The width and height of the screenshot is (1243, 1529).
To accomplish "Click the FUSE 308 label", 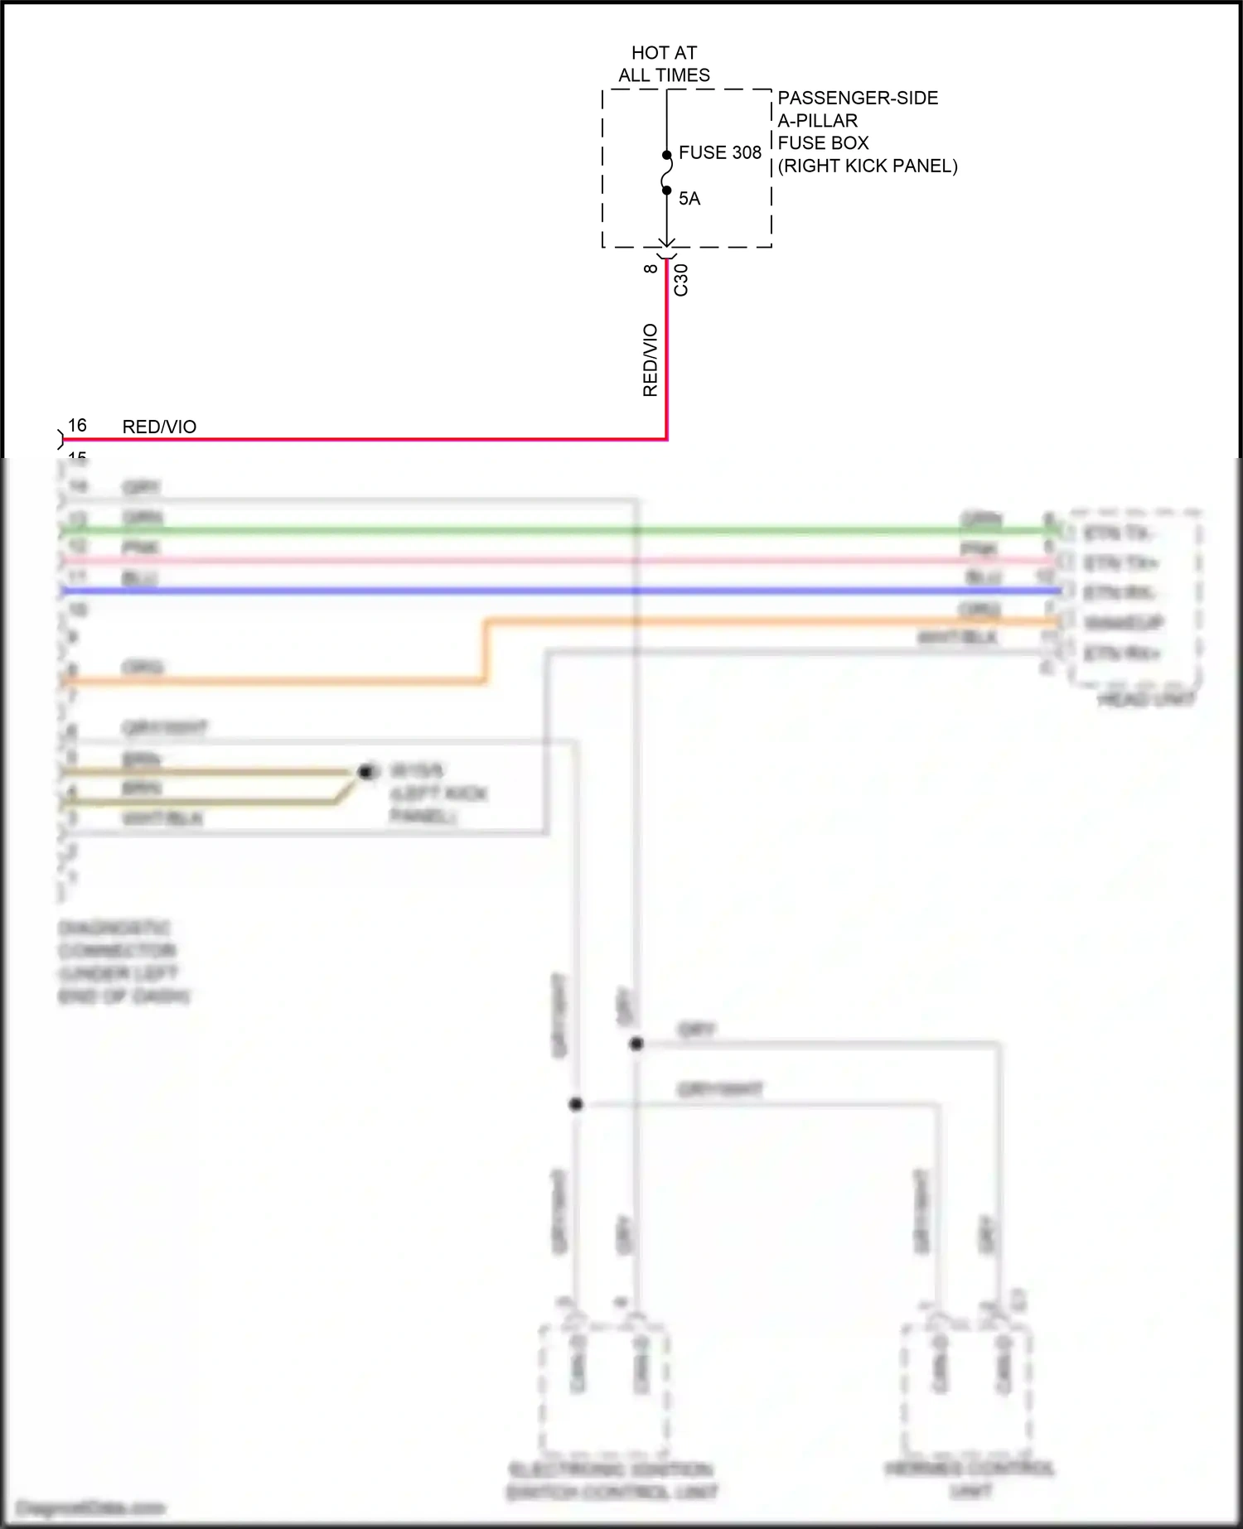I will point(719,152).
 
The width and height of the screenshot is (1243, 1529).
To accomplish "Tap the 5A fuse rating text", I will point(689,199).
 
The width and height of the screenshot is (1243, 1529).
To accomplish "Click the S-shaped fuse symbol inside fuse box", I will point(666,173).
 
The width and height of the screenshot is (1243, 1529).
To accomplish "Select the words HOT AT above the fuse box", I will point(664,53).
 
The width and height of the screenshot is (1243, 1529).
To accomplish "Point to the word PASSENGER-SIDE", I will point(858,98).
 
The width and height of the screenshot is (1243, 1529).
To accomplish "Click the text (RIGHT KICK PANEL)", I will point(868,166).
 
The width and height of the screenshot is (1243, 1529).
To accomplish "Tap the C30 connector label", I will point(681,280).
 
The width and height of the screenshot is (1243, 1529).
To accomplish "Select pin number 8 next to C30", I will point(651,268).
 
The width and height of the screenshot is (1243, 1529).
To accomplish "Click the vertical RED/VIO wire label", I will point(651,360).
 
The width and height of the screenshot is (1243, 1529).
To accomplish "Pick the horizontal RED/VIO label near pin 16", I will point(159,427).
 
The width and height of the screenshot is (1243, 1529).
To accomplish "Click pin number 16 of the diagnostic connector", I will point(77,425).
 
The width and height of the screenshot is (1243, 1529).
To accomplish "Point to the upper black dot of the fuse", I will point(666,155).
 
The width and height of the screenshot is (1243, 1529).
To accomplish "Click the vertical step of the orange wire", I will point(486,651).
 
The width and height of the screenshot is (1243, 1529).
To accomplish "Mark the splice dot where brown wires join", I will point(365,772).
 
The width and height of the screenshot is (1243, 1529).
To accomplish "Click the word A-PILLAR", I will point(817,121).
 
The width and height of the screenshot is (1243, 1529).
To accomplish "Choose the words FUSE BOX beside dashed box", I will point(823,143).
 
